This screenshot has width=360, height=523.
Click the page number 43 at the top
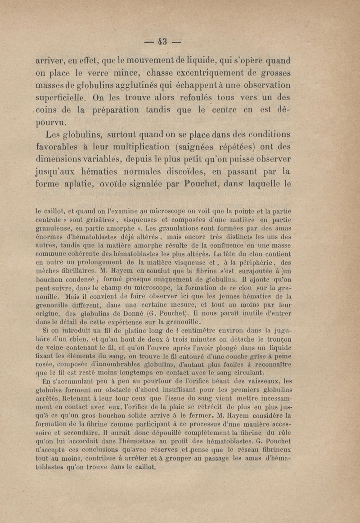click(x=162, y=42)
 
